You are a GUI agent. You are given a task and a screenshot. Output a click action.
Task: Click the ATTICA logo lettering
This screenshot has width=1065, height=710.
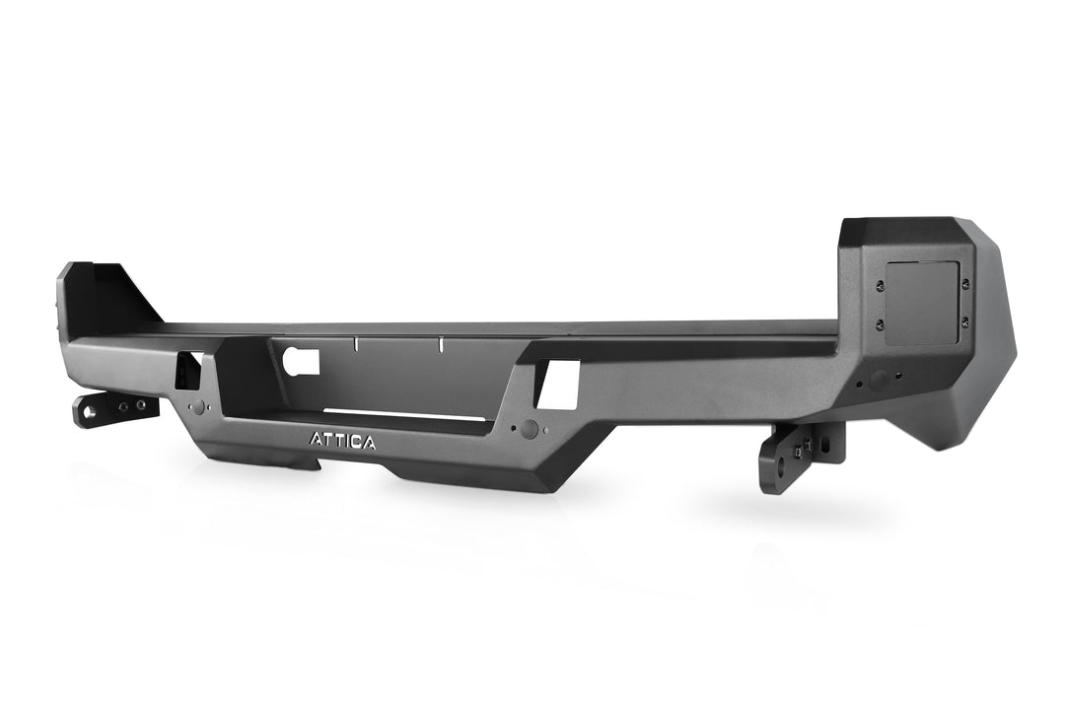[342, 441]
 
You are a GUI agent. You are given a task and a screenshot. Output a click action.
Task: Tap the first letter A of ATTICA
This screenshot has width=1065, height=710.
[316, 441]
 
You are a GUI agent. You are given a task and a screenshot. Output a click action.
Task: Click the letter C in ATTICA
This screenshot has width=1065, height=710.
[356, 441]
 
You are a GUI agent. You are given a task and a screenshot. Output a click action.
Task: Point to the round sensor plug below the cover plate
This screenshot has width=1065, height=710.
[876, 379]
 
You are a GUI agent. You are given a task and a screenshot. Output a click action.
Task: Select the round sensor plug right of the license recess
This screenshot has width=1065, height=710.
[531, 429]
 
